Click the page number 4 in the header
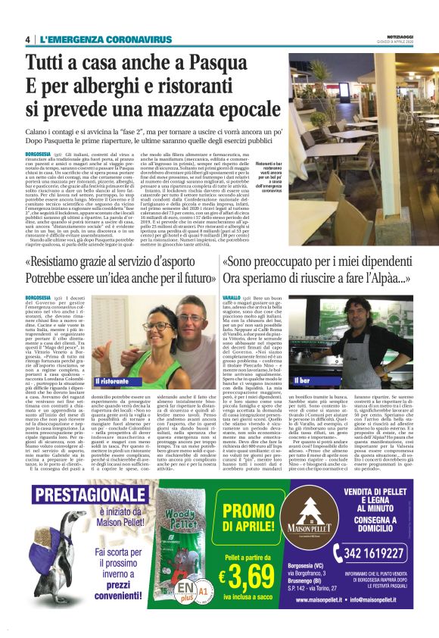[28, 39]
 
